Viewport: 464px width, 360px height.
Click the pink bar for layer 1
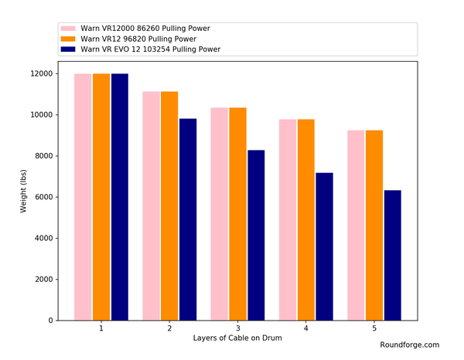tap(83, 197)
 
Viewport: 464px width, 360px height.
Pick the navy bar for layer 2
tap(187, 219)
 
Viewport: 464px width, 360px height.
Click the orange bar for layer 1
tap(101, 197)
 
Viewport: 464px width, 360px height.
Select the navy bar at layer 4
tap(324, 246)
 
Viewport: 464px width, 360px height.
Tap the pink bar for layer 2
tap(151, 205)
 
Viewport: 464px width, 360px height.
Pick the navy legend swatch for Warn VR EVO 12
tap(67, 49)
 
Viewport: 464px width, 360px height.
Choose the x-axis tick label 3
tap(237, 328)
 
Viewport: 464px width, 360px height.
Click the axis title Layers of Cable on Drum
tap(237, 339)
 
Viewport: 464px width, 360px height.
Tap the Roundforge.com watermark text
tap(409, 345)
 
